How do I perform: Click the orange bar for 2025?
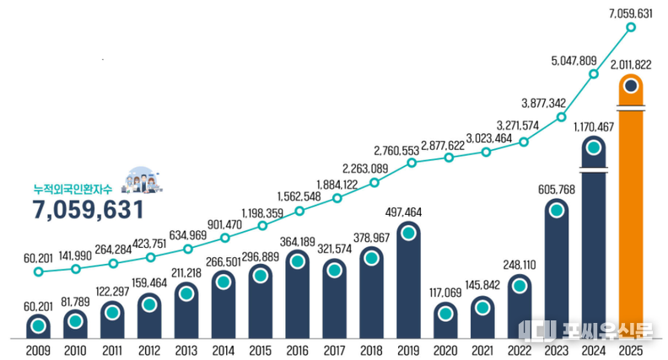tap(631, 211)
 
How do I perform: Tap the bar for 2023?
tap(557, 270)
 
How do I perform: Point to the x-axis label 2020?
tap(445, 350)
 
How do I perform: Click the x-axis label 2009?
tap(38, 350)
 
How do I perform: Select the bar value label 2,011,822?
tap(631, 64)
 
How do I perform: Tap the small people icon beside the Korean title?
tap(141, 180)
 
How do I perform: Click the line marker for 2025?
tap(631, 28)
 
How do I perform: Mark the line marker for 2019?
tap(412, 163)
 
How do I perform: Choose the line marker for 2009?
tap(38, 271)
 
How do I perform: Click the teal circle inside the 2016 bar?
tap(297, 262)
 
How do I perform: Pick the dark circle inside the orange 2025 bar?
tap(631, 86)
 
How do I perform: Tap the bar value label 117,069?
tap(445, 293)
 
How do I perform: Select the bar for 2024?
tap(594, 244)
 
